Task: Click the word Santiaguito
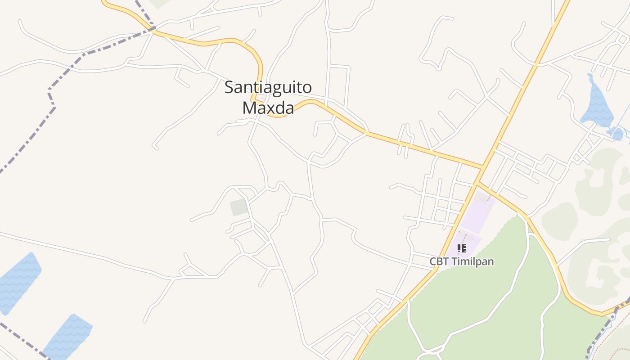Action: tap(268, 87)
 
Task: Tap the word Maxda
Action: tap(268, 108)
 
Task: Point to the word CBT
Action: tap(439, 261)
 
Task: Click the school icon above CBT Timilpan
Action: tap(461, 248)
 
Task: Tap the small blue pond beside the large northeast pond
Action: tap(617, 134)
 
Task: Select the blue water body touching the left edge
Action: tap(18, 281)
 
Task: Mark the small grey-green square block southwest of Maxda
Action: tap(239, 207)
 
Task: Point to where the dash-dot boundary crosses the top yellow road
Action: tap(153, 29)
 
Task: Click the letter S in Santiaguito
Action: tap(229, 87)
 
